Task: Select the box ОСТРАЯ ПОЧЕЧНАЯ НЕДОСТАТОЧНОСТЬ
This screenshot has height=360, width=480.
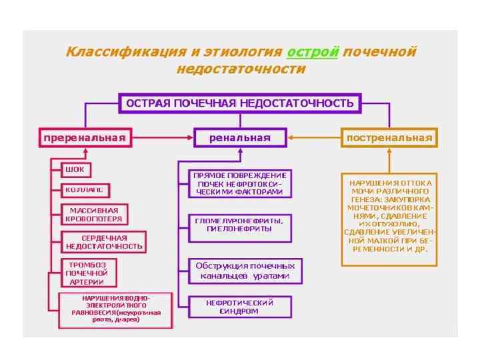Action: point(240,103)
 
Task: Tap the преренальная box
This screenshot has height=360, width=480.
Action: point(85,138)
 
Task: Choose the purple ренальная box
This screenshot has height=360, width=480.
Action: point(240,138)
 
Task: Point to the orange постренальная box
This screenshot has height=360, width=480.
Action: point(389,138)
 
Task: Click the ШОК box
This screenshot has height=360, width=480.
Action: point(75,169)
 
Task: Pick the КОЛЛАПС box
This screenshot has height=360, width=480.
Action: point(84,190)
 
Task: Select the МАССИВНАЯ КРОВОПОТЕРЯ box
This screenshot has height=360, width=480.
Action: point(95,214)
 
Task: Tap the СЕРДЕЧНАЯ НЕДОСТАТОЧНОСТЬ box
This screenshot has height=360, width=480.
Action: point(104,241)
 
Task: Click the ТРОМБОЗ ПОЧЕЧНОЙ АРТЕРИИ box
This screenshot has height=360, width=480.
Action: point(87,273)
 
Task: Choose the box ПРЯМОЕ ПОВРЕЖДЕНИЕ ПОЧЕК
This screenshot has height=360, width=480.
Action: point(239,183)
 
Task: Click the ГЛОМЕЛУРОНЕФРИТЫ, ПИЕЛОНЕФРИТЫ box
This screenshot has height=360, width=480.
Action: point(239,224)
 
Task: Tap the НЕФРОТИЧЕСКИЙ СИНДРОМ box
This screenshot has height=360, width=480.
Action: point(239,307)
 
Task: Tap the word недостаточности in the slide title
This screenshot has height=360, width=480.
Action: point(241,69)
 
